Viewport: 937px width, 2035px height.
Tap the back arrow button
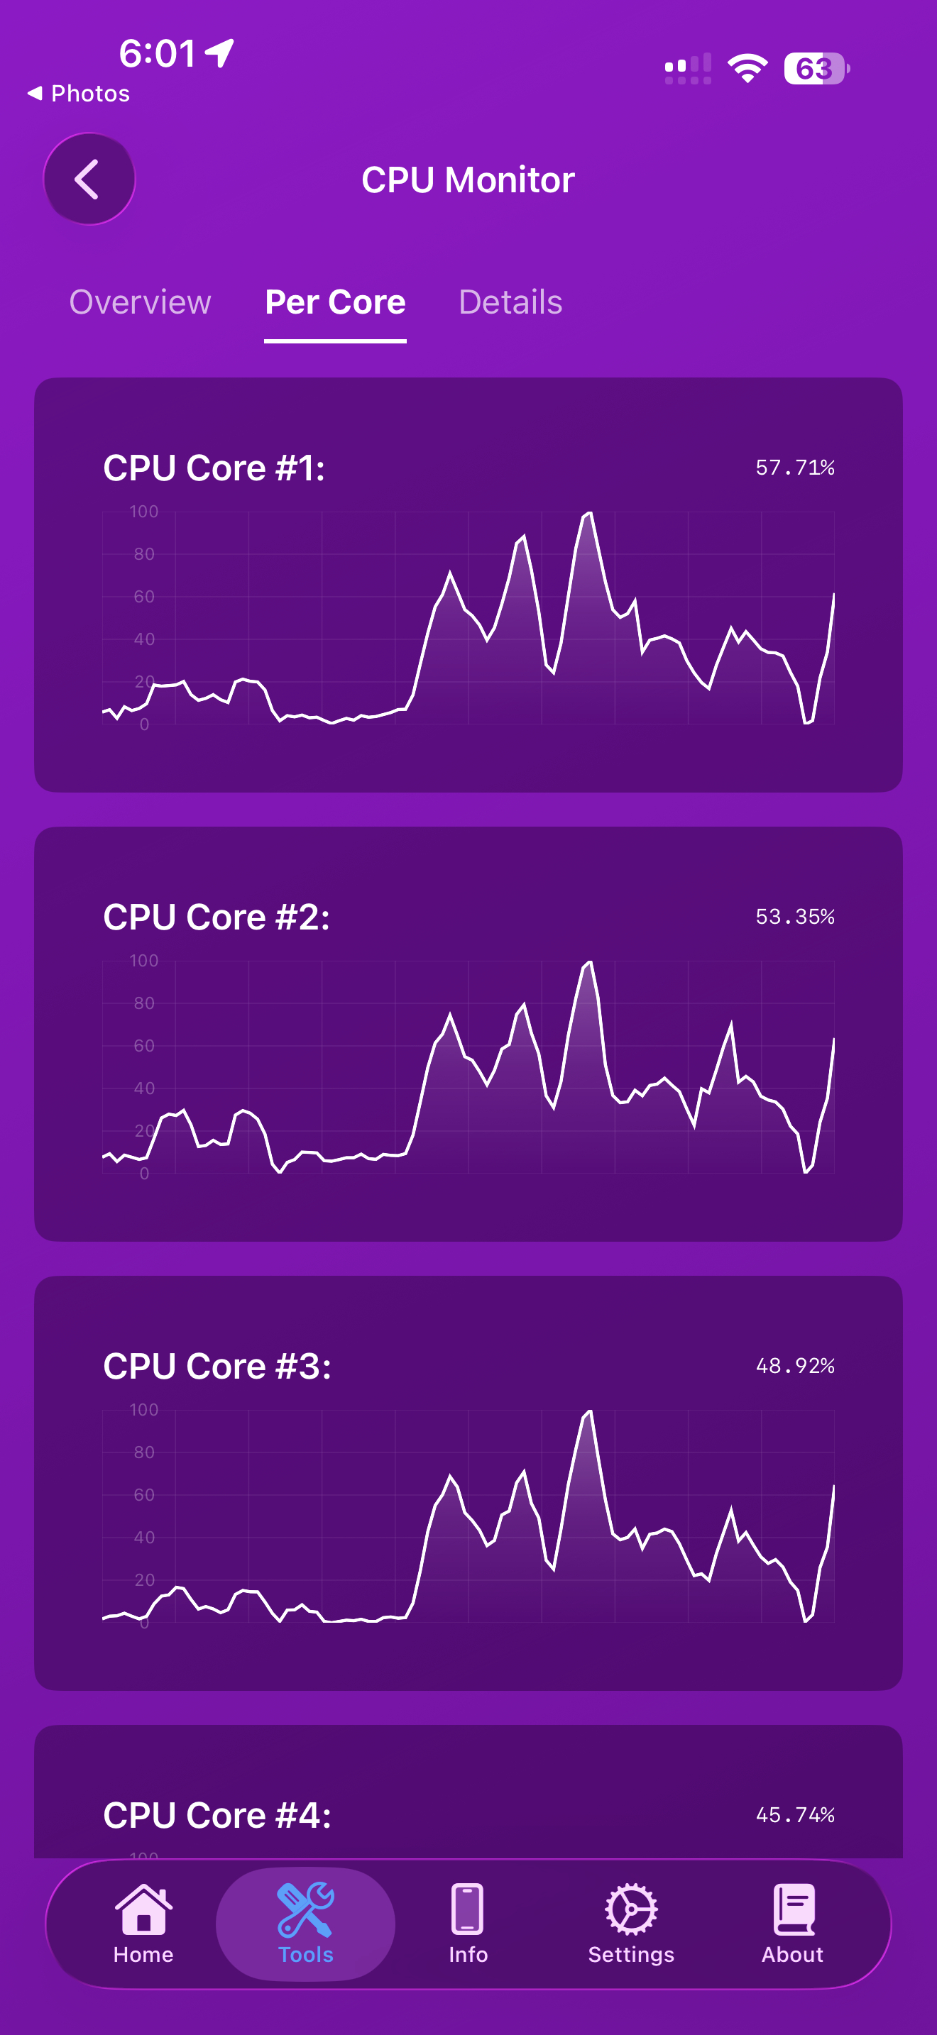click(89, 180)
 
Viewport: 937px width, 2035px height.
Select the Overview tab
click(140, 302)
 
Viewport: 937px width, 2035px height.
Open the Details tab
click(510, 302)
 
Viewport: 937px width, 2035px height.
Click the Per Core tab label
click(335, 302)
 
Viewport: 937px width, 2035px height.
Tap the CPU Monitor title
click(468, 180)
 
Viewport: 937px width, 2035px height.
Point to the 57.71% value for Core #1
click(795, 468)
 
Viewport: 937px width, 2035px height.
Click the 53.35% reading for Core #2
click(795, 916)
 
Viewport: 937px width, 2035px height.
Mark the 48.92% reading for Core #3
click(795, 1366)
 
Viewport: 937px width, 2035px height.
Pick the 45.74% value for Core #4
click(795, 1815)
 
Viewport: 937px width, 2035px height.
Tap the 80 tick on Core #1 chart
click(144, 553)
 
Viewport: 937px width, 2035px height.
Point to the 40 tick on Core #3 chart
click(144, 1538)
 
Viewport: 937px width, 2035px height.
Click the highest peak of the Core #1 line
click(588, 514)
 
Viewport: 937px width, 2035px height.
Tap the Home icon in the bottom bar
click(143, 1910)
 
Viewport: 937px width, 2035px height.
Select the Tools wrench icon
click(305, 1910)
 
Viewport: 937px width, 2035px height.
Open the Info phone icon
click(468, 1910)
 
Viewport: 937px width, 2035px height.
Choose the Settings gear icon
click(630, 1910)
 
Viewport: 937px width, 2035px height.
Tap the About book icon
click(792, 1910)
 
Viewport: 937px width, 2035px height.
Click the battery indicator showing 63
click(816, 69)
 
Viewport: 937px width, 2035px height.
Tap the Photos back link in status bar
click(79, 93)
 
